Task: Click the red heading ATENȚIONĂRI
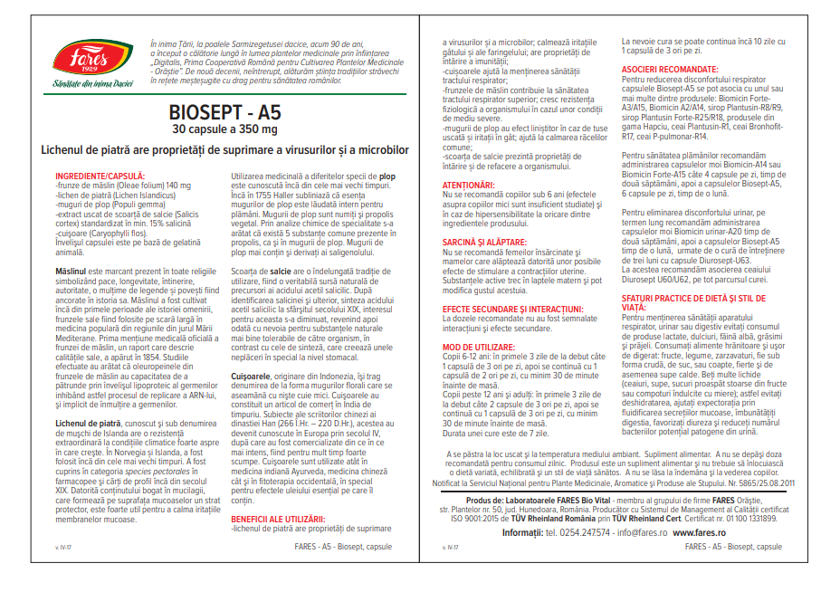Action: click(x=470, y=184)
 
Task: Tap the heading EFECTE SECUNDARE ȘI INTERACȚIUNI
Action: click(x=510, y=309)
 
